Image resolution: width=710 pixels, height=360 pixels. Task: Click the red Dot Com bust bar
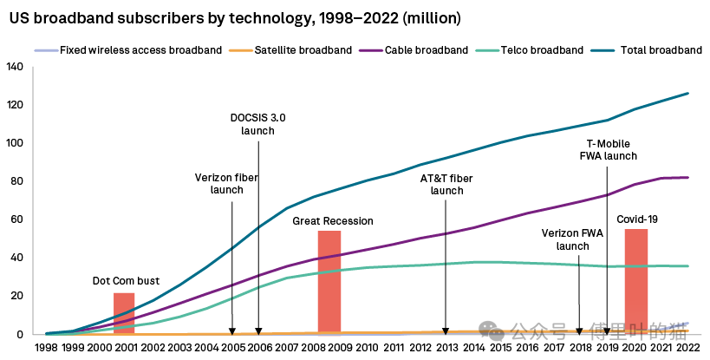tap(124, 313)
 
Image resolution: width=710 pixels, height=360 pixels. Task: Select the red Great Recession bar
tap(329, 282)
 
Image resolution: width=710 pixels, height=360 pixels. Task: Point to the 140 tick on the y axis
tap(15, 67)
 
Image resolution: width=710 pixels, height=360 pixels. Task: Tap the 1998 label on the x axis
tap(46, 348)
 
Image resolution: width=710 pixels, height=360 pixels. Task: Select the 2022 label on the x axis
tap(687, 348)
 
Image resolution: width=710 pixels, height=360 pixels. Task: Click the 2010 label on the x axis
tap(367, 348)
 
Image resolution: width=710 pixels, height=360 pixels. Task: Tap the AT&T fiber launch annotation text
tap(446, 184)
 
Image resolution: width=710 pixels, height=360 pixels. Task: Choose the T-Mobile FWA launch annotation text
tap(608, 149)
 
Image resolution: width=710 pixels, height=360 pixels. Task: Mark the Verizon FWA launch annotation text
tap(572, 239)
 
